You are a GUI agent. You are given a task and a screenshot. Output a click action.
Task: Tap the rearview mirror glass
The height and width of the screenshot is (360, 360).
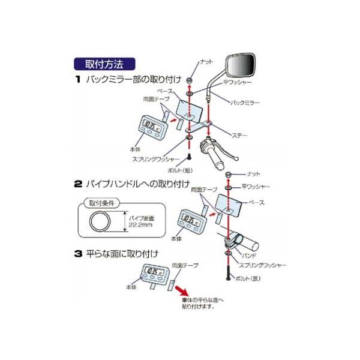click(239, 64)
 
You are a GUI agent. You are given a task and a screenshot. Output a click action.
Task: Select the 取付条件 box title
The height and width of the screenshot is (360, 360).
click(100, 202)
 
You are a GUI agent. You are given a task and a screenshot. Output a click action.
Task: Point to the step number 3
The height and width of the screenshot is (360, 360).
click(78, 254)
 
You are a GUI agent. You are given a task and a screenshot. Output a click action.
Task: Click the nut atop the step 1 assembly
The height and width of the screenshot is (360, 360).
click(190, 80)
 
